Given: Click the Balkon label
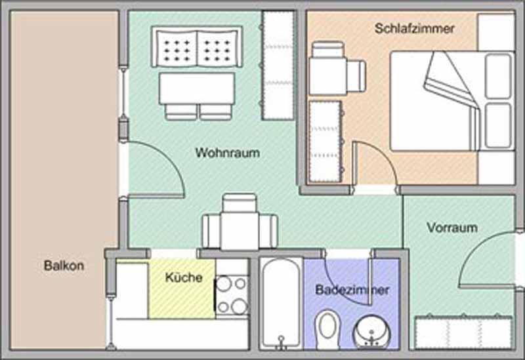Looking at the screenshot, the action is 64,266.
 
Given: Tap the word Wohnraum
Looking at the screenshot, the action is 228,153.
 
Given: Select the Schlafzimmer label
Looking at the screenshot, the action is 415,28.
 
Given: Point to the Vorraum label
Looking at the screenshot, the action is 452,228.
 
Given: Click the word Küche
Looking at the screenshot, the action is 184,277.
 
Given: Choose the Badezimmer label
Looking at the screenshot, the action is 352,290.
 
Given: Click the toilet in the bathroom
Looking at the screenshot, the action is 327,330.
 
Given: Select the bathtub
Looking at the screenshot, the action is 282,304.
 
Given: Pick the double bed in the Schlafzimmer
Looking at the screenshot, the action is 452,101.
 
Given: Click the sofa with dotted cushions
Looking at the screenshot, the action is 198,47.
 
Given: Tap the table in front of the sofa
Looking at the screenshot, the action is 198,89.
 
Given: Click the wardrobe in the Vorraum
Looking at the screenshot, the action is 463,332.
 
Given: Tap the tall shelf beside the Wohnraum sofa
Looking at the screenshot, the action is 278,65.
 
